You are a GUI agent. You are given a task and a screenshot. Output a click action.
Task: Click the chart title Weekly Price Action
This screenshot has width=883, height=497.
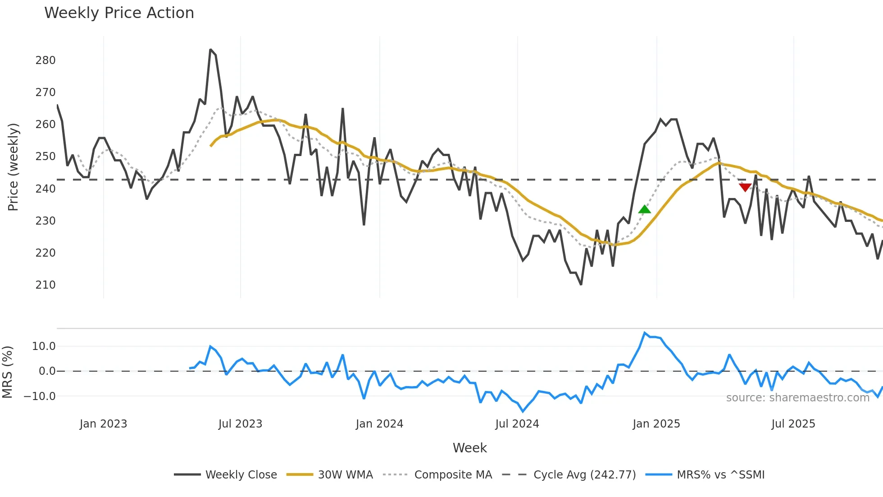[119, 13]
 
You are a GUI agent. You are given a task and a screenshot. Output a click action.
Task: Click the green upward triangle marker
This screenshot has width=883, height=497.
[645, 209]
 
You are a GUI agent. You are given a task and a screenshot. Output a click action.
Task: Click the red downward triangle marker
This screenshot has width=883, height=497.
[745, 187]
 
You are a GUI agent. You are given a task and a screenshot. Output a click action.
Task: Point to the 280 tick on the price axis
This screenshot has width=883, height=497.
[46, 60]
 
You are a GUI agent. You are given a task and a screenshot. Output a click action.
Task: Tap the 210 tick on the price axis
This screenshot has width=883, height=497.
[46, 285]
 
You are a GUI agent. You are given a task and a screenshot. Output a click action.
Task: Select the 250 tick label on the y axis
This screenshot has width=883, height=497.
[46, 156]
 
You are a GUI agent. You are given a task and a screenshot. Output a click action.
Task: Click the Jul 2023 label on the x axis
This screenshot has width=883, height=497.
[240, 424]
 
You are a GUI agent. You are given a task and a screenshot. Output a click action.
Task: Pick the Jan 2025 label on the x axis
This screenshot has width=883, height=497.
[656, 424]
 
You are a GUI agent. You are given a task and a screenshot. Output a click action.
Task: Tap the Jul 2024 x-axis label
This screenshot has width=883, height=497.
[517, 424]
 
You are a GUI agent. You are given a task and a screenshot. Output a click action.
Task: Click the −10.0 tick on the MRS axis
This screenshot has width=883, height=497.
[40, 396]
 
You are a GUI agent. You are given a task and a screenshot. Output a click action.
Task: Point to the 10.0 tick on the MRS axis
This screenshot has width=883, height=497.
[44, 346]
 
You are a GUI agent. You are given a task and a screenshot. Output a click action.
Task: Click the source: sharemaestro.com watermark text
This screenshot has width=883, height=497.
[797, 398]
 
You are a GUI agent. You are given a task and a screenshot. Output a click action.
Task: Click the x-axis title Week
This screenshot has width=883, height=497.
[469, 448]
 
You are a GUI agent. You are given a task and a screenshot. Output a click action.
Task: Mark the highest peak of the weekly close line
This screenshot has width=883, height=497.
[210, 50]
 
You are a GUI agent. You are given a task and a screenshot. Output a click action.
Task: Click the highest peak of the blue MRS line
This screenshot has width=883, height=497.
[645, 333]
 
